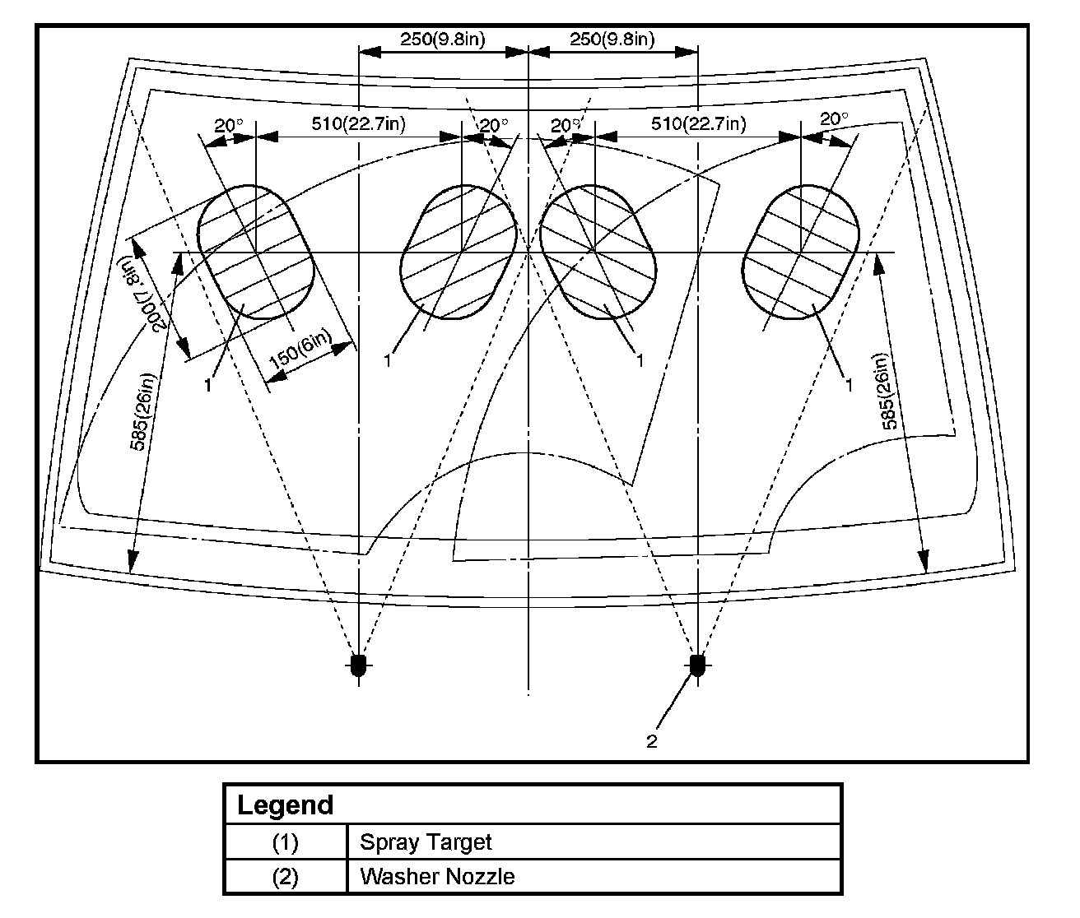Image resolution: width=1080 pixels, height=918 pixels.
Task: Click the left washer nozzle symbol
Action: click(358, 665)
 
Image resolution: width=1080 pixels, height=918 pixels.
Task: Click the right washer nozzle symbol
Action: click(697, 665)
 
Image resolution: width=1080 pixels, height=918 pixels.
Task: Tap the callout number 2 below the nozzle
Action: click(651, 742)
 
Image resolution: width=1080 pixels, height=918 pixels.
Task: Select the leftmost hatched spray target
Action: click(256, 252)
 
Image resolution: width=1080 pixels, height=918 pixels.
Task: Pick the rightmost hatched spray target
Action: click(801, 252)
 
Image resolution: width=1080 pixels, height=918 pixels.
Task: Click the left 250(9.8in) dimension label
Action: click(442, 39)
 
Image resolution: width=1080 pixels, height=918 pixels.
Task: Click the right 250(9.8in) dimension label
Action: click(612, 39)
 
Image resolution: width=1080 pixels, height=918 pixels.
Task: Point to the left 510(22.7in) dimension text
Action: click(358, 124)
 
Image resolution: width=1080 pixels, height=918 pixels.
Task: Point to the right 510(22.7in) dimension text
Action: click(698, 124)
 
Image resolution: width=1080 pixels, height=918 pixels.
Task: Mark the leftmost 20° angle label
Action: click(229, 125)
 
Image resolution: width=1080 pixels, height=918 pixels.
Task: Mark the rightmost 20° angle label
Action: click(834, 118)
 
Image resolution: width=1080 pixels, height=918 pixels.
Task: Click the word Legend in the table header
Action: click(285, 804)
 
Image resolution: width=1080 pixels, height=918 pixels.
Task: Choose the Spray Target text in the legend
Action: click(426, 842)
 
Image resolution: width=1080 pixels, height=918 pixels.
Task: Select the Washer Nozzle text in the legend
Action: click(437, 876)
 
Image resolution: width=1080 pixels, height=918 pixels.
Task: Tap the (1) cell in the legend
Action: click(285, 842)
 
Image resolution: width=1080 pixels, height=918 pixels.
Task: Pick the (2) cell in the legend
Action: click(285, 876)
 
